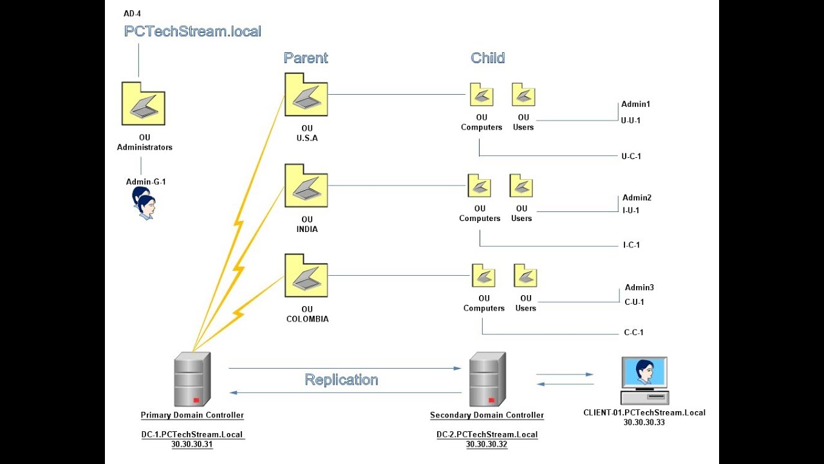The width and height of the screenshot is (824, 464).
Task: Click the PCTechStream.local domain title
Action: (192, 31)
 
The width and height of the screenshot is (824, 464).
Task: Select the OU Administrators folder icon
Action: (144, 104)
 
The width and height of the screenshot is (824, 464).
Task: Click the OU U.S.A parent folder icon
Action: (306, 95)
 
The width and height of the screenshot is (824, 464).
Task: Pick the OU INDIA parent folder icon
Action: (306, 186)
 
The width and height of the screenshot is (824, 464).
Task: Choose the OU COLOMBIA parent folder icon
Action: (306, 276)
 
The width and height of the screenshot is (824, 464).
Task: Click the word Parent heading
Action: (306, 58)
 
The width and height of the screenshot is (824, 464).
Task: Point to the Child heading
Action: (487, 58)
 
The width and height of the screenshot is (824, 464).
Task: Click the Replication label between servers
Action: (341, 380)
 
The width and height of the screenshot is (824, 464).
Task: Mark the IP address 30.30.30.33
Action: (644, 423)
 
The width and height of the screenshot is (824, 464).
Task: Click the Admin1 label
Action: (636, 104)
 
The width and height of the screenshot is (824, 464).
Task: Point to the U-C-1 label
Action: (631, 157)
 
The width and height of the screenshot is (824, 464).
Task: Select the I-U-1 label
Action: (631, 210)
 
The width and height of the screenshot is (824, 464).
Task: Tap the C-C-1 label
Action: (633, 333)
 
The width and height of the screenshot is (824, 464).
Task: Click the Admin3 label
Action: (639, 288)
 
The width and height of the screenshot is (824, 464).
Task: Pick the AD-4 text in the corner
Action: (132, 14)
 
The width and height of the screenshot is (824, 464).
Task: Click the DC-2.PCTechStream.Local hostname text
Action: (487, 434)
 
